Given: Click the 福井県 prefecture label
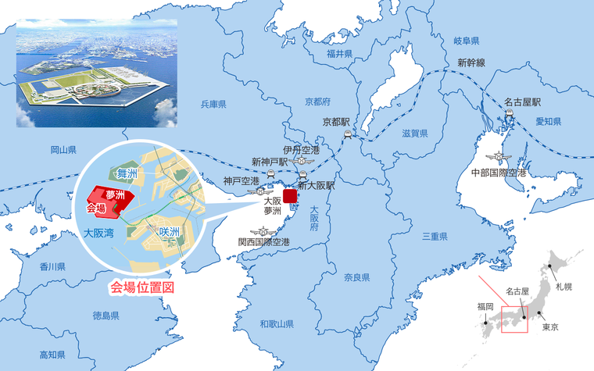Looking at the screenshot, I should (340, 54).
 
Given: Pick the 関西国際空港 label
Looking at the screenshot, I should (264, 242).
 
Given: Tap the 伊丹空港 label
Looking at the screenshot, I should (302, 150).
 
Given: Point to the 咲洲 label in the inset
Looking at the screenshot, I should (170, 232).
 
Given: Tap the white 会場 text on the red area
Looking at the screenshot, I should (96, 208).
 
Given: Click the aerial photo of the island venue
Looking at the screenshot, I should (97, 73).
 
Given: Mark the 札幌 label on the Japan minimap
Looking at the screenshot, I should (564, 287).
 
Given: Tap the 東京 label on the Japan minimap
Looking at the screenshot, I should (550, 326).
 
